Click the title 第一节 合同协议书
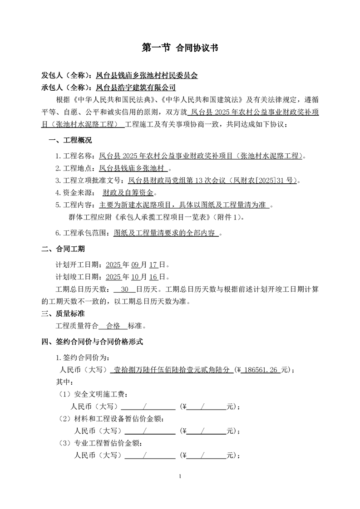[x=180, y=48]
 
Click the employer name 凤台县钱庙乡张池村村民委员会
[x=148, y=76]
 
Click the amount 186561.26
[x=263, y=370]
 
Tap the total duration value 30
[x=126, y=289]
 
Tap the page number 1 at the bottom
[x=180, y=476]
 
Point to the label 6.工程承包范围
[x=82, y=234]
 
